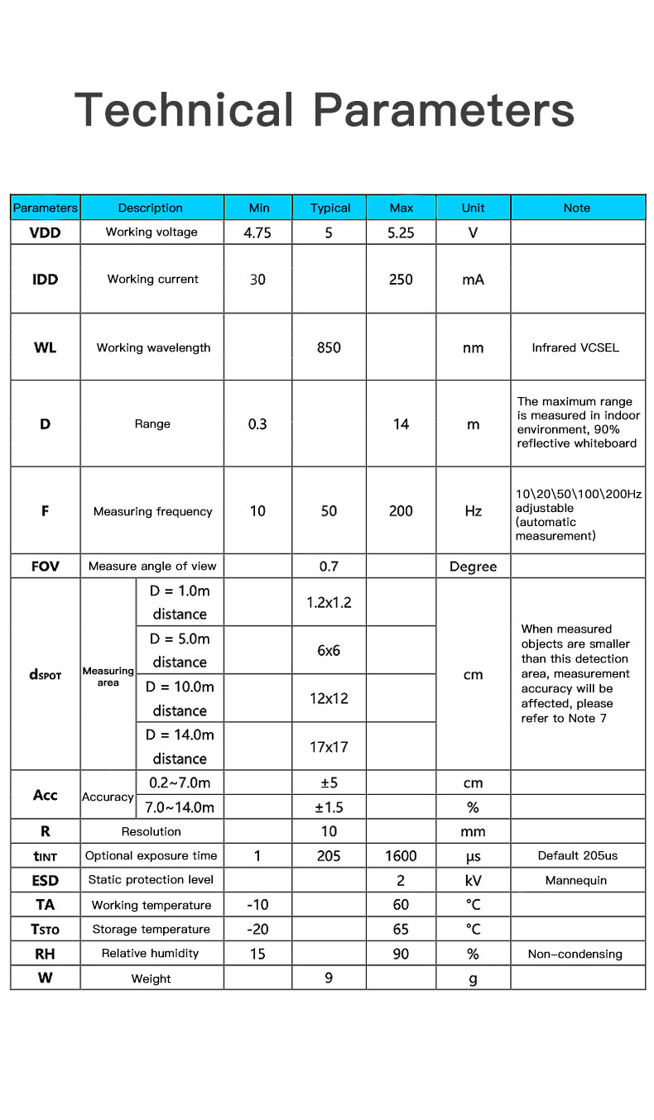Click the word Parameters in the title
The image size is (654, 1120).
point(444,110)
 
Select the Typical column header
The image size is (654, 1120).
point(329,208)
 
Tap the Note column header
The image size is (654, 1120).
point(577,208)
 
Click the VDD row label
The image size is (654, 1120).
point(45,232)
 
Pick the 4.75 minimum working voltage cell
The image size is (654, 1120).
point(257,233)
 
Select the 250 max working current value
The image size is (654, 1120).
point(401,280)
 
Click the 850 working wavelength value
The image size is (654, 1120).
point(329,347)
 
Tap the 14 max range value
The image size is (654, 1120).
point(401,424)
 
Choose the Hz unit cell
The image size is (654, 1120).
point(473,512)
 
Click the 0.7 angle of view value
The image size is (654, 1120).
point(329,567)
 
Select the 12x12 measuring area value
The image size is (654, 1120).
point(329,698)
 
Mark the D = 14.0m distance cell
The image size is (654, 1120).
point(180,746)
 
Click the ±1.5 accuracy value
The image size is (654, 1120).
point(329,807)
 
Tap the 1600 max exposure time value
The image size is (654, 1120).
point(401,856)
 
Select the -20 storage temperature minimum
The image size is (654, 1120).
point(257,929)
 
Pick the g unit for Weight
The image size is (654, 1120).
point(473,979)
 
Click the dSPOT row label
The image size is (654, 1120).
point(45,675)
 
